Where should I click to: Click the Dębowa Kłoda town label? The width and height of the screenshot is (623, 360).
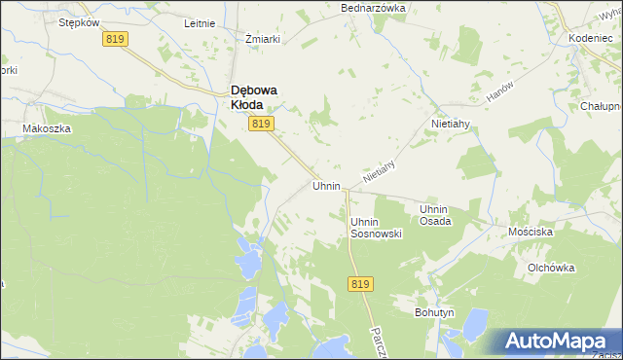260,98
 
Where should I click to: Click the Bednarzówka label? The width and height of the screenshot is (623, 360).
372,8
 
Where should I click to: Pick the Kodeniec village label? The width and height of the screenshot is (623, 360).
588,37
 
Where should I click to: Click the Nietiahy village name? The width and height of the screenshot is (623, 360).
452,125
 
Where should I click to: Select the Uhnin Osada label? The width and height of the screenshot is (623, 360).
434,215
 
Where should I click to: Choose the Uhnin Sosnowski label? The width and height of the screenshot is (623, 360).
376,228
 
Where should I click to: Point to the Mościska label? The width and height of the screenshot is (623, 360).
531,233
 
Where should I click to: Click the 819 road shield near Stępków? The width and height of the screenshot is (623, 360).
116,39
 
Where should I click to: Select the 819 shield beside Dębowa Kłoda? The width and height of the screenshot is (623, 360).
261,124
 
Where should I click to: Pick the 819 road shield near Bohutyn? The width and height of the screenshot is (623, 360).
359,283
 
